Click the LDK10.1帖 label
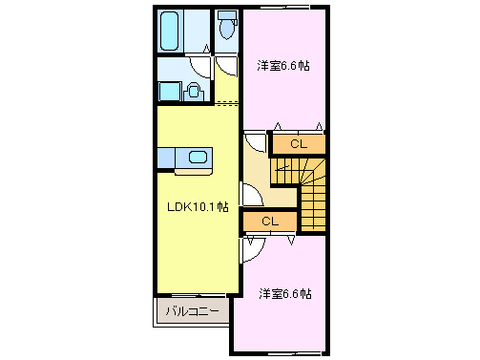tap(198, 206)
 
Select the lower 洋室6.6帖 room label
tap(285, 294)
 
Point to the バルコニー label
tap(192, 311)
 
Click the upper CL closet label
tap(298, 144)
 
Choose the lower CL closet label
tap(269, 222)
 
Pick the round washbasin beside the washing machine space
tap(193, 91)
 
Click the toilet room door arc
tap(227, 66)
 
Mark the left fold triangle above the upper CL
tap(278, 127)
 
